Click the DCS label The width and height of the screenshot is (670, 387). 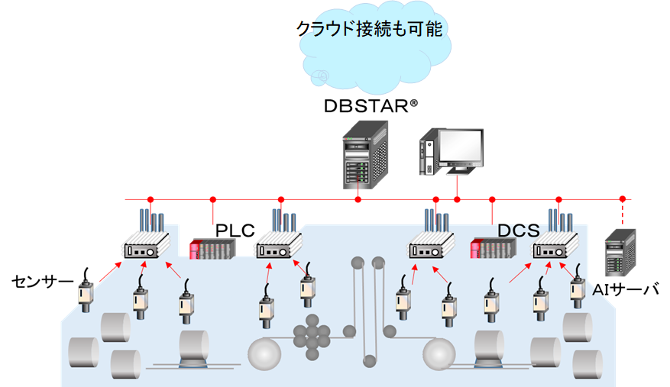coord(519,230)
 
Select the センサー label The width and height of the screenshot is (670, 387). coord(41,282)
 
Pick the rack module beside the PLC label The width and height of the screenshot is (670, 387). coord(212,250)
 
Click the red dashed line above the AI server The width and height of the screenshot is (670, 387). coord(622,213)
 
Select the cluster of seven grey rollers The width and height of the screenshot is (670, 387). coord(311,337)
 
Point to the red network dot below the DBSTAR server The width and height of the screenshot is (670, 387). coord(358,200)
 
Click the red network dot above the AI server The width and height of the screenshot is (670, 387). coord(622,199)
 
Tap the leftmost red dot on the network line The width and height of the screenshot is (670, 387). coord(151,199)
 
